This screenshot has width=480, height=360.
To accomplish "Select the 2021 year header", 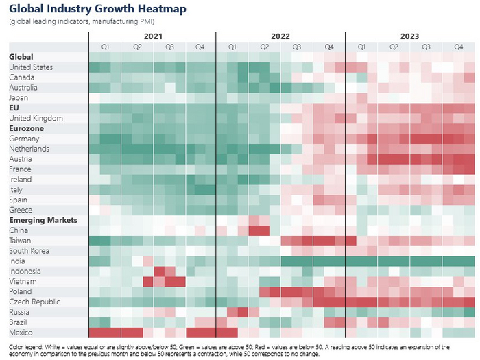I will [154, 36].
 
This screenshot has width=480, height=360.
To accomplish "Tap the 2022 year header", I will [280, 36].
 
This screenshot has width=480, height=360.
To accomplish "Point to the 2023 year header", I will [409, 36].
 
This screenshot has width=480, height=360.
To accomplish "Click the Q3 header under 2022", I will [297, 47].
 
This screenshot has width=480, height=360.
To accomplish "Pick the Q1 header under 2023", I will [361, 47].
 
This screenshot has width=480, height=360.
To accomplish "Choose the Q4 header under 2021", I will [200, 47].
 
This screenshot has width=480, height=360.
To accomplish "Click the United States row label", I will [31, 67].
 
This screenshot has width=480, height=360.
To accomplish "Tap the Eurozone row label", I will [26, 128].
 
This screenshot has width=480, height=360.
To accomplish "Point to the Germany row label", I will [24, 139].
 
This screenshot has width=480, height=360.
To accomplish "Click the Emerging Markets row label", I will [43, 220].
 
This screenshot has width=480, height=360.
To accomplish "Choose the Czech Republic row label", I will [34, 302].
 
